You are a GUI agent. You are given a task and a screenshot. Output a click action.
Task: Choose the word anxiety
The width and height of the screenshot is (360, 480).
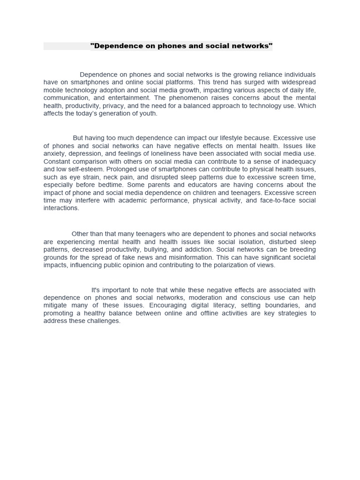point(54,153)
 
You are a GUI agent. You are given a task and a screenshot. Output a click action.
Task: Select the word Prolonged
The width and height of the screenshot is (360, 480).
point(120,169)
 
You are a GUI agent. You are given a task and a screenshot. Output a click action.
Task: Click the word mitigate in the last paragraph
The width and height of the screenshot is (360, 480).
point(56,305)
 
